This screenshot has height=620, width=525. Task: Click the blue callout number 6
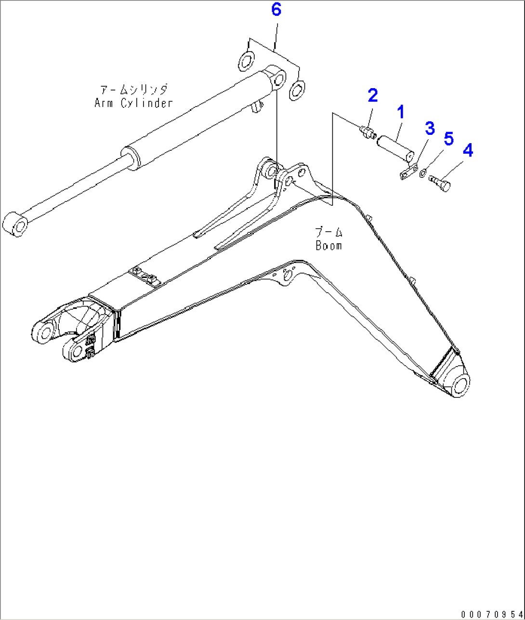(x=276, y=9)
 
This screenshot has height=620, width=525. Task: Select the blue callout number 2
(x=373, y=95)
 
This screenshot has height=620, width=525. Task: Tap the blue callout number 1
(x=400, y=113)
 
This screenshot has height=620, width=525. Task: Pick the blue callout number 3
(x=429, y=129)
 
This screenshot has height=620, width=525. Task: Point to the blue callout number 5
(x=448, y=139)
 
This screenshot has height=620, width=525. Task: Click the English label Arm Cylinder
(x=133, y=103)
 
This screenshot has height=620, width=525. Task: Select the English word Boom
(x=329, y=245)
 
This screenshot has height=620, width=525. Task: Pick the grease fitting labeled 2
(x=368, y=131)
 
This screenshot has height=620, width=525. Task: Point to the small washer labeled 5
(x=422, y=173)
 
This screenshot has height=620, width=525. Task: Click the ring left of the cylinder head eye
(x=246, y=62)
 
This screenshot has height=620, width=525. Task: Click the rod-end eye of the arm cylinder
(x=18, y=225)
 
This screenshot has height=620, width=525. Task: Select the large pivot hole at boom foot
(x=460, y=386)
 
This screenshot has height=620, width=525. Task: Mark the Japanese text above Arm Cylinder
(x=133, y=90)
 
